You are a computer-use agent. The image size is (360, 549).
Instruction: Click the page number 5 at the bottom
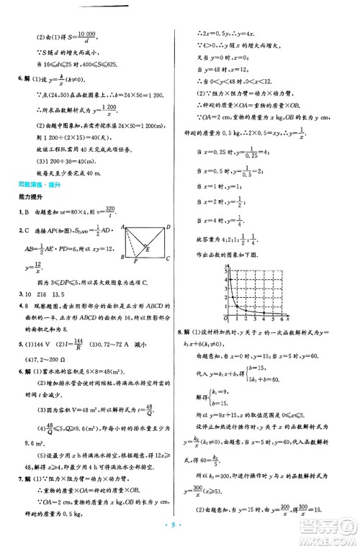coord(180,535)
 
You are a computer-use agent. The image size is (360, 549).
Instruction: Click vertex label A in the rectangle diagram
coord(122,227)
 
